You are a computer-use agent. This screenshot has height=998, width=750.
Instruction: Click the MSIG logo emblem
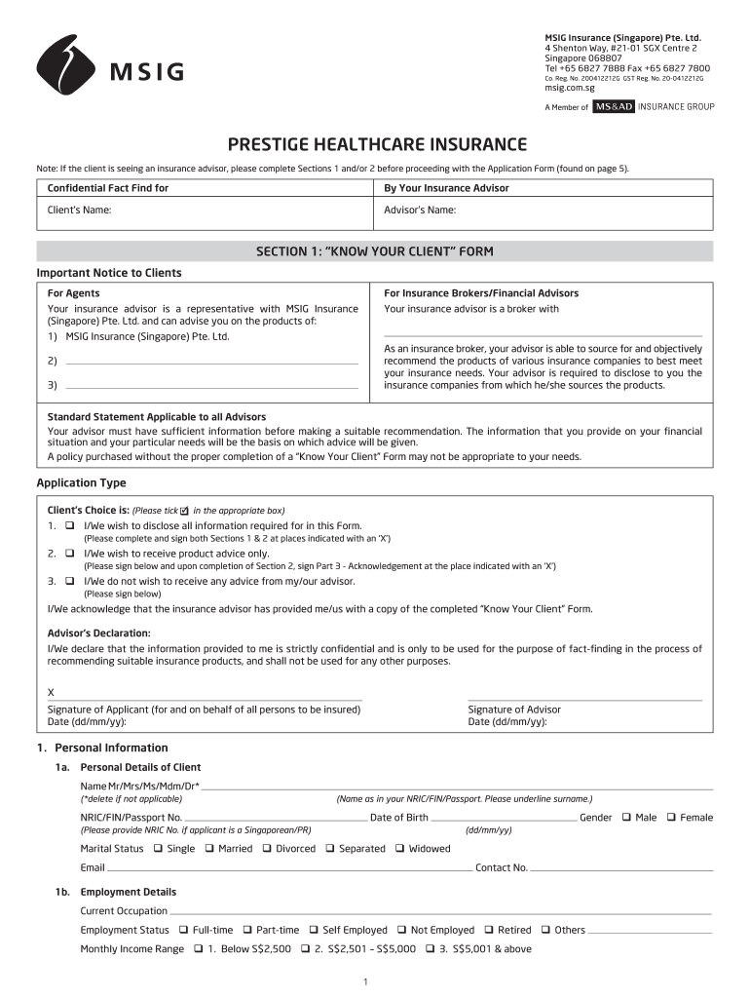click(x=67, y=64)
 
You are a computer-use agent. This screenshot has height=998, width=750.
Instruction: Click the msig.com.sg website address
click(x=569, y=89)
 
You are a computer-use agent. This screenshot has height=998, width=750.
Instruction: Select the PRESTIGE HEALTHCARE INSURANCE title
click(x=377, y=145)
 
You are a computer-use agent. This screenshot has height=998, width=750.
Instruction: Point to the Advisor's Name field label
click(x=420, y=210)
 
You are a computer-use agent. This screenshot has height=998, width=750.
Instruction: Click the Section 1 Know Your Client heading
click(x=375, y=251)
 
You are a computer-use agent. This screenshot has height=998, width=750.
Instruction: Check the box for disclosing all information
click(x=70, y=525)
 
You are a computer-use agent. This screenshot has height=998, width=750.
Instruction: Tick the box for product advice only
click(x=70, y=553)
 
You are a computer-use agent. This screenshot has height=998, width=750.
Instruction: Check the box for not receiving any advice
click(x=70, y=581)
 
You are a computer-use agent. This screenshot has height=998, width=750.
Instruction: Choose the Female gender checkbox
click(x=671, y=818)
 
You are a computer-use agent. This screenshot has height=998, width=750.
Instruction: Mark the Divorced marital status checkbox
click(x=267, y=849)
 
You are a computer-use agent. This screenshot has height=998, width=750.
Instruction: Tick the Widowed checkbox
click(x=399, y=849)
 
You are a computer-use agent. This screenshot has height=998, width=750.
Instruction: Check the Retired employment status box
click(x=489, y=930)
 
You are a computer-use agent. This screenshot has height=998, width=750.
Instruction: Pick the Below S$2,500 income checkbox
click(x=199, y=948)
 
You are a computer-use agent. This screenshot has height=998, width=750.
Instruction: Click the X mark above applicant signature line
click(x=52, y=692)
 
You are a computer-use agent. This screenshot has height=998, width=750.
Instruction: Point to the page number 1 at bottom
click(x=364, y=980)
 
